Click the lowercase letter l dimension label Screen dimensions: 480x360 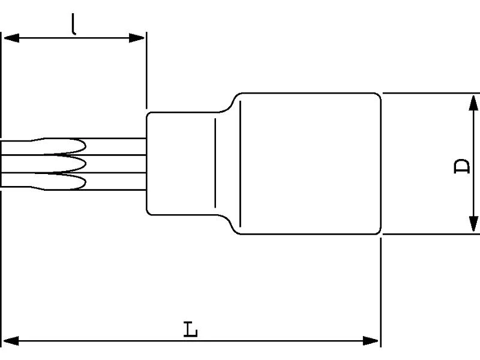point(73,24)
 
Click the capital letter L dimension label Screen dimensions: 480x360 point(190,329)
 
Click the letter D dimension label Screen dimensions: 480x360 point(461,166)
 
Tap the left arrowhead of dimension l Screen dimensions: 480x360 point(11,38)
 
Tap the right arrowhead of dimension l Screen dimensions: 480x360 point(137,38)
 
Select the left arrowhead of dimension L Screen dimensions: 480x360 point(11,340)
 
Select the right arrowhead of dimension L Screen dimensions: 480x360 point(371,340)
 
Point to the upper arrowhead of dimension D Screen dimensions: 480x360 point(473,103)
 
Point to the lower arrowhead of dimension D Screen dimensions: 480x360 point(473,223)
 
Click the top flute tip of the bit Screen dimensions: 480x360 point(86,146)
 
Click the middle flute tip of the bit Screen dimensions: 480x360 point(86,164)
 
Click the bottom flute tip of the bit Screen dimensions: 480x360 point(86,182)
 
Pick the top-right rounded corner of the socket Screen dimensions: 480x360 point(379,95)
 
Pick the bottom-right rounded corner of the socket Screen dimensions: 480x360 point(379,232)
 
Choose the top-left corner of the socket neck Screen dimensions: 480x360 point(148,114)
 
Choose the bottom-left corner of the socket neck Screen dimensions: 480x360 point(148,213)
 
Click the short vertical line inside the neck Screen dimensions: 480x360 point(215,163)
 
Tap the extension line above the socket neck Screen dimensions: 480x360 point(146,70)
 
